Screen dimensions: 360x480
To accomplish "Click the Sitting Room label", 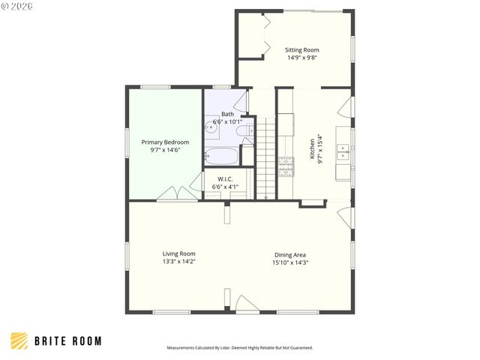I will tap(301, 49).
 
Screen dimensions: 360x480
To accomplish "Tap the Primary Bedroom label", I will tap(166, 142).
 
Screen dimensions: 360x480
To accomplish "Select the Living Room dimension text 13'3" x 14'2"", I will tap(178, 262).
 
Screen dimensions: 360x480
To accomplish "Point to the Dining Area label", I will tap(289, 254).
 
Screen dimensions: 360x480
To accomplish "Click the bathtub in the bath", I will tap(221, 157).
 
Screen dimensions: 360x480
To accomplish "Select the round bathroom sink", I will tap(211, 127).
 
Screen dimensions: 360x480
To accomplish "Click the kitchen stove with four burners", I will tap(286, 166).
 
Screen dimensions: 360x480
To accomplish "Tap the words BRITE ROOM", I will tap(68, 341).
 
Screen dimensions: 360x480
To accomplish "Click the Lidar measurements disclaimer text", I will tap(239, 348).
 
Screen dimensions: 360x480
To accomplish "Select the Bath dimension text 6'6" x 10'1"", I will tap(226, 121).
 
